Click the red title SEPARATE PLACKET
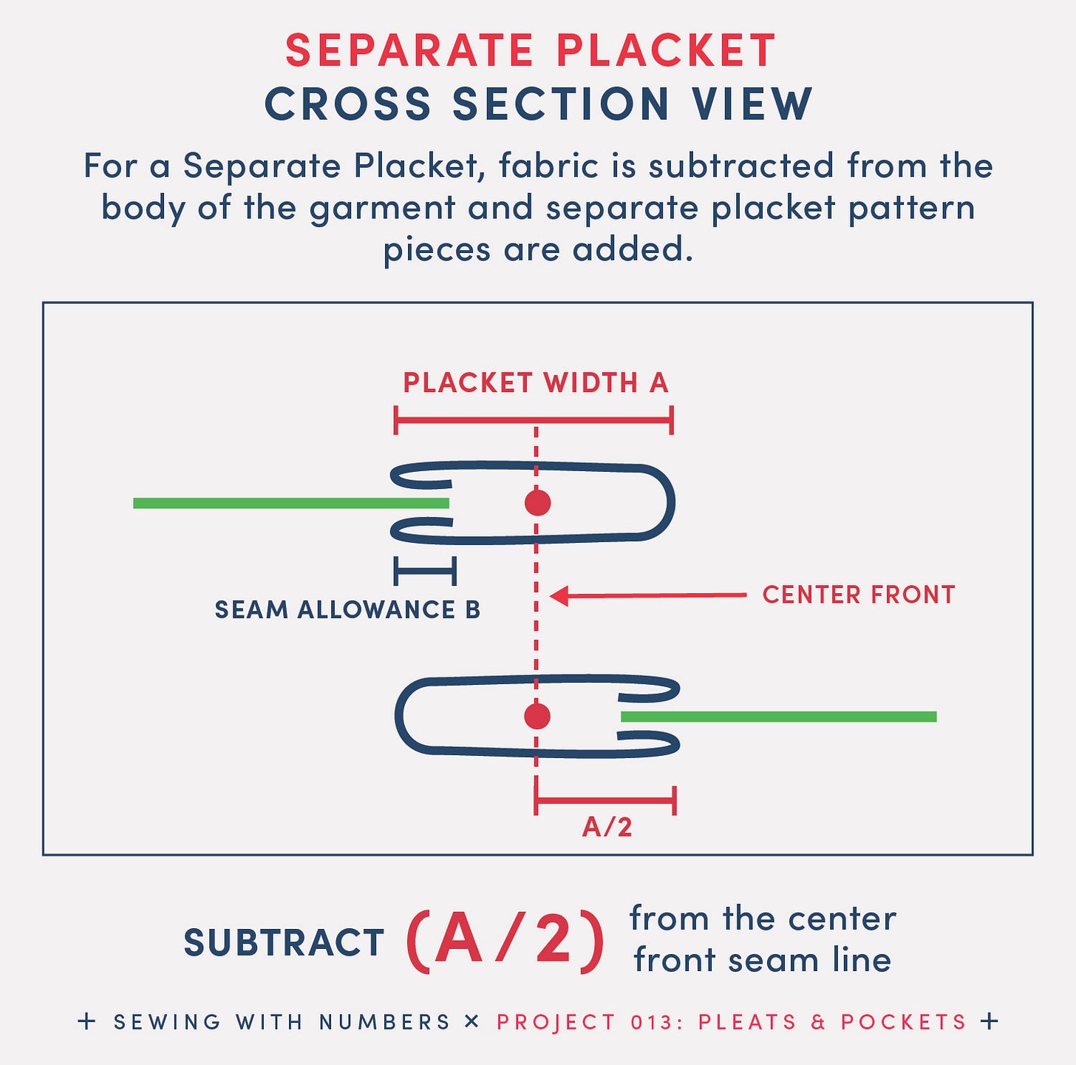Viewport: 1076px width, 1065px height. [531, 51]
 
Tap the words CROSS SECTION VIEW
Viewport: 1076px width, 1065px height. [539, 104]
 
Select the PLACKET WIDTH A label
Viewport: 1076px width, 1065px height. [535, 383]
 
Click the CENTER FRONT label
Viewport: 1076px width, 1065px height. [858, 595]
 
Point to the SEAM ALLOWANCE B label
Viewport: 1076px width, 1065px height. [347, 609]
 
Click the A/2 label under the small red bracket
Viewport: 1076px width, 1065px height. [607, 827]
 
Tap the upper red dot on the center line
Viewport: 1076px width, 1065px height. [537, 503]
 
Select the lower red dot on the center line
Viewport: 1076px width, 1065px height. [537, 716]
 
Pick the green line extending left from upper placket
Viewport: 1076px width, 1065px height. [288, 503]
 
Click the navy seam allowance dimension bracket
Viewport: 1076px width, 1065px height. [425, 571]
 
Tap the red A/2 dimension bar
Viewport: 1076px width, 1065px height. [605, 799]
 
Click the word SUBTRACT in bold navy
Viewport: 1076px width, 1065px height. [283, 943]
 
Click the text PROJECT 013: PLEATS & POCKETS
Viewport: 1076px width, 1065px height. [731, 1022]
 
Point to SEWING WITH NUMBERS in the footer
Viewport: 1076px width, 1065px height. [282, 1022]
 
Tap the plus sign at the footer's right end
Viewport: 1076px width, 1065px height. [989, 1021]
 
